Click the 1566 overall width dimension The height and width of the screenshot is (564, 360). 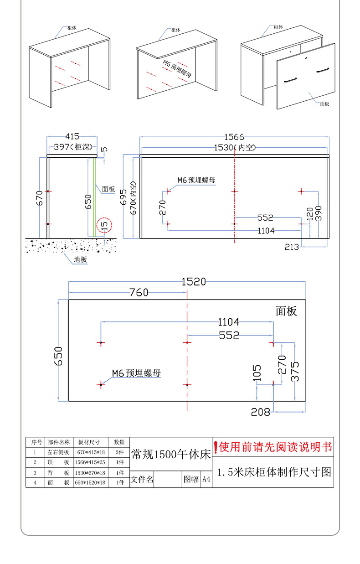pos(234,136)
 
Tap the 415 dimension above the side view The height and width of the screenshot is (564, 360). pos(72,136)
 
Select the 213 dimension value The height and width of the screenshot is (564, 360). pos(292,247)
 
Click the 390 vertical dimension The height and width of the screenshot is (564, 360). pos(319,213)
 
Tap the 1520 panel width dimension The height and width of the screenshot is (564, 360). pos(194,282)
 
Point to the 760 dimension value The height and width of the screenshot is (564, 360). pos(139,293)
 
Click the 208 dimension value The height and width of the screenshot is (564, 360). pos(260,412)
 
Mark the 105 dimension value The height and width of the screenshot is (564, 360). pos(257,373)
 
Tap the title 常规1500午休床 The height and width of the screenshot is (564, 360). pos(171,454)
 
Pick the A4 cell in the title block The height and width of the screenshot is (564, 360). pos(206,479)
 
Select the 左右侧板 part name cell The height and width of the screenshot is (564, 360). pos(59,452)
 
